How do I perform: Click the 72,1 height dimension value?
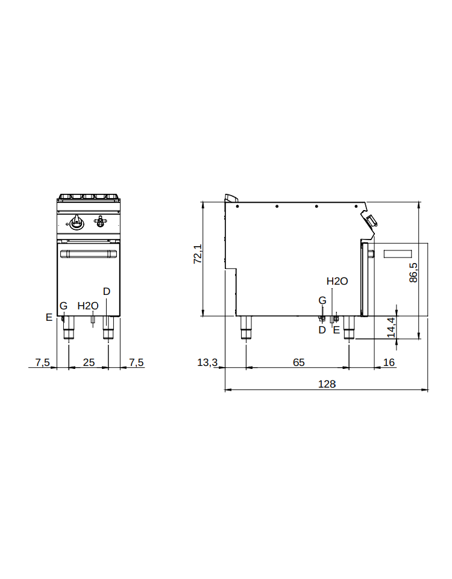point(198,253)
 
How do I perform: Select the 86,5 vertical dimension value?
point(413,273)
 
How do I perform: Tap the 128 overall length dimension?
point(327,384)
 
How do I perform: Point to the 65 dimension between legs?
point(299,362)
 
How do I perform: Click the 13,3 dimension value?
point(207,362)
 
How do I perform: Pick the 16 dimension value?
point(389,362)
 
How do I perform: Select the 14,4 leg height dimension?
point(391,327)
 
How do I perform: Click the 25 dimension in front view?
point(89,362)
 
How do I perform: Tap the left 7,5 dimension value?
point(43,362)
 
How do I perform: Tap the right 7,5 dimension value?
point(136,362)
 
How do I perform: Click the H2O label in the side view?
point(337,282)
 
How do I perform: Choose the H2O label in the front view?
point(88,306)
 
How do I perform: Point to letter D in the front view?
point(107,291)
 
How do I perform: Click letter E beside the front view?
point(49,317)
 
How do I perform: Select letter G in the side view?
point(322,300)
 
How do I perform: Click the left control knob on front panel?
point(77,221)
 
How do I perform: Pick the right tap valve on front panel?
point(99,221)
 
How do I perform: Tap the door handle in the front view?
point(89,254)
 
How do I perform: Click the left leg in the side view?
point(246,327)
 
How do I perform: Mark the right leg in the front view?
point(108,327)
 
